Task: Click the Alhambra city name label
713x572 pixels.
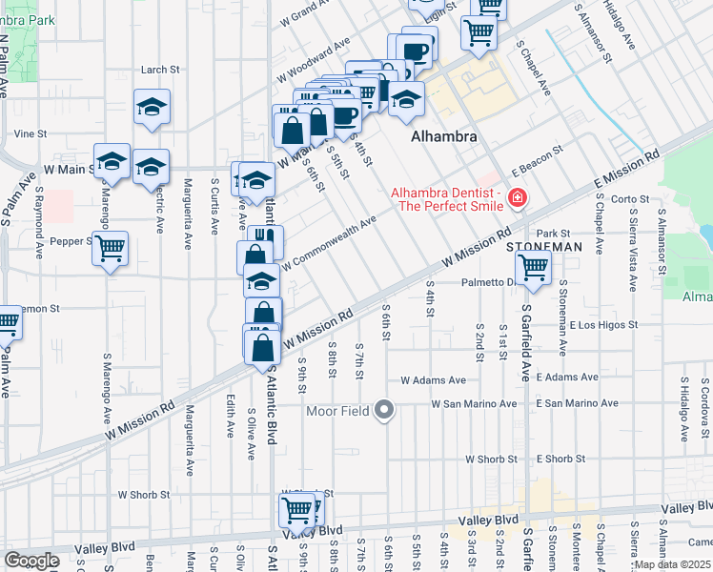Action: (x=443, y=136)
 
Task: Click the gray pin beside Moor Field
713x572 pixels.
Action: (x=384, y=411)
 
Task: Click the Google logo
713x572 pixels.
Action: (x=32, y=561)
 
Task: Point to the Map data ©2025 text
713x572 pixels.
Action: (x=672, y=564)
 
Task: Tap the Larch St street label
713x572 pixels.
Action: (x=160, y=70)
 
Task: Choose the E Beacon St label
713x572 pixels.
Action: (x=537, y=159)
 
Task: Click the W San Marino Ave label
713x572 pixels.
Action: (x=474, y=404)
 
